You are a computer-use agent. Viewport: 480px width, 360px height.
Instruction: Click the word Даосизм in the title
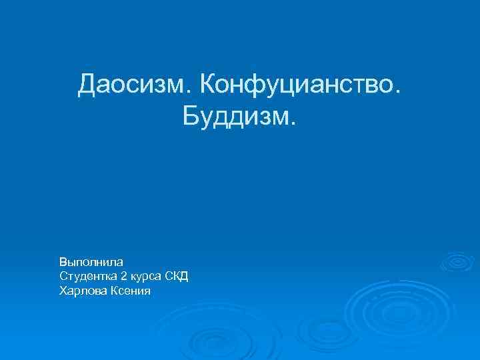pos(133,85)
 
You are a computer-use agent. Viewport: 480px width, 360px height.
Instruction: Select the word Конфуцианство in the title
pos(297,85)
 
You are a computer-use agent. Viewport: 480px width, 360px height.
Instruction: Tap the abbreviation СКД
pos(177,275)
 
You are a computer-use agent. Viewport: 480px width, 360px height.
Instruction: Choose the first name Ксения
pos(129,290)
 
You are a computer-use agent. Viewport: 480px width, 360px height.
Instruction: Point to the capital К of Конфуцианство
pos(207,85)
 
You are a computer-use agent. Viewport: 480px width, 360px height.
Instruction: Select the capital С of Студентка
pos(63,275)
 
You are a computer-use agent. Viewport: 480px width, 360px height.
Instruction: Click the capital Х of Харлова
pos(63,290)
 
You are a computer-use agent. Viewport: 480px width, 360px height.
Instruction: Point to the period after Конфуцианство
pos(399,94)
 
